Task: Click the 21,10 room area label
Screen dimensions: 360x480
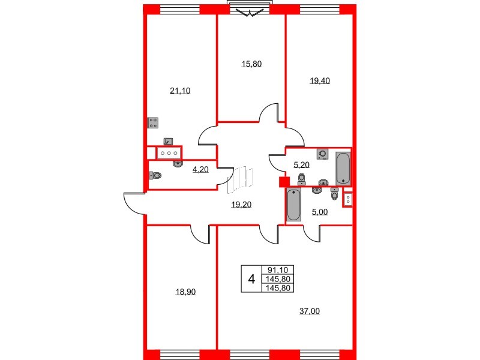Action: click(180, 91)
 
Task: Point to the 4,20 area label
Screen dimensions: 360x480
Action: click(200, 170)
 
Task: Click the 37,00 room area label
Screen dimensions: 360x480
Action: click(309, 310)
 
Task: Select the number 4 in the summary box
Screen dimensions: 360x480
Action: click(251, 279)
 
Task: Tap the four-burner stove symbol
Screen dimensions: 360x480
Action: click(153, 123)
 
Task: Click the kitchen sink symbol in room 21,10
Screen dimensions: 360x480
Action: click(169, 142)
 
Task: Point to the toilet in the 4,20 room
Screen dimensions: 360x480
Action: click(155, 176)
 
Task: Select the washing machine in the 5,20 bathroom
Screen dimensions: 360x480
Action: click(323, 154)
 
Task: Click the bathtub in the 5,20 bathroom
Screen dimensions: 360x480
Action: click(343, 169)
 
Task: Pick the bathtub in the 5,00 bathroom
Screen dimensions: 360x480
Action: click(293, 205)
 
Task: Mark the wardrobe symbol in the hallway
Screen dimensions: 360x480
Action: click(241, 179)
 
